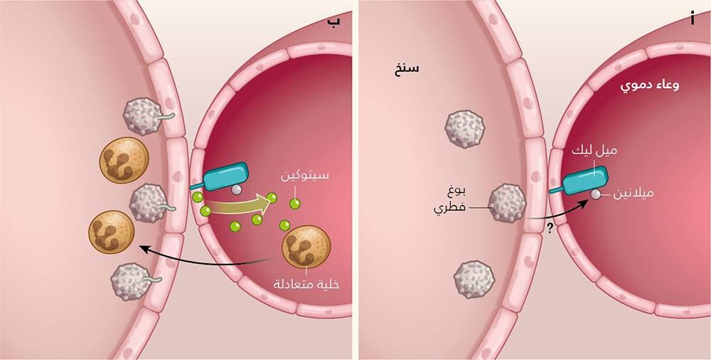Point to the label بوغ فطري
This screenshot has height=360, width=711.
point(451,200)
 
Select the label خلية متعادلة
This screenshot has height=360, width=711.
point(308,282)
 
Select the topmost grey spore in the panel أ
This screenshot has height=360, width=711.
point(464,129)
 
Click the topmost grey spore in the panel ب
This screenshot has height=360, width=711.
point(144,115)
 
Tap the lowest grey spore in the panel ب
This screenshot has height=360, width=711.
point(130,282)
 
